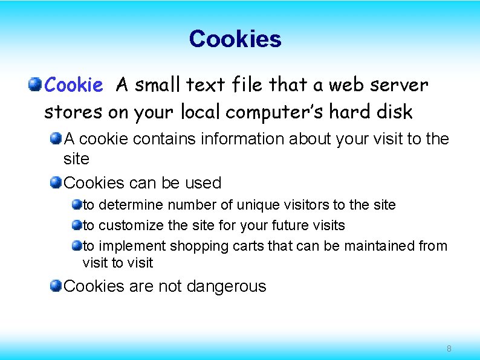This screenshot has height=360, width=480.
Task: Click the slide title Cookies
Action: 235,39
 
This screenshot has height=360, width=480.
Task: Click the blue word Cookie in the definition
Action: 74,85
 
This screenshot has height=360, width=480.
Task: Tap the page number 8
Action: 449,349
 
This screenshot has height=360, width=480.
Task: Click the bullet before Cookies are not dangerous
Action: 56,285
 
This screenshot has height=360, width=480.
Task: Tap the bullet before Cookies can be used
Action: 56,182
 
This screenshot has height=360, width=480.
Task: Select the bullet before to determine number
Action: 76,205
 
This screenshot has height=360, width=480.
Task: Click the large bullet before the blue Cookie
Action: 36,84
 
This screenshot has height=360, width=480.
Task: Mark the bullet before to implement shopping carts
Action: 76,246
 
